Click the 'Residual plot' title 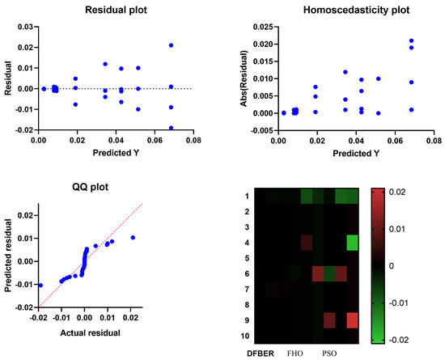(109, 11)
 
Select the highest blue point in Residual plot (171, 45)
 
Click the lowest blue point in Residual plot (171, 127)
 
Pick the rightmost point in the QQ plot (133, 238)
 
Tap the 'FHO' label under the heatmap (295, 354)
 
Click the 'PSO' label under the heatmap (329, 354)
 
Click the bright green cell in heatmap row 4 (352, 242)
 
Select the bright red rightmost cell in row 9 (352, 320)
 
